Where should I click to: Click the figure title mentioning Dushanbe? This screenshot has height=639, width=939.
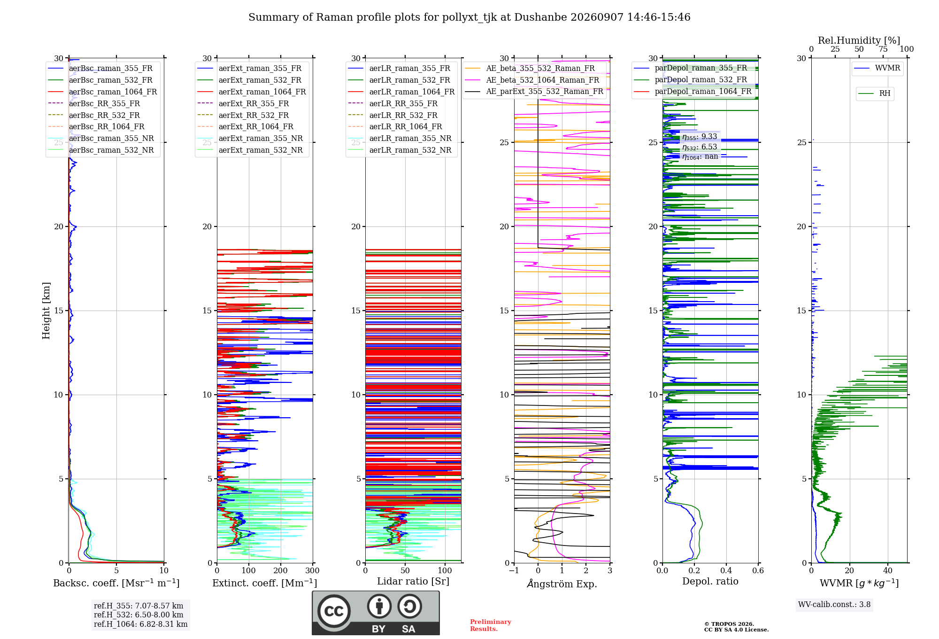tap(469, 17)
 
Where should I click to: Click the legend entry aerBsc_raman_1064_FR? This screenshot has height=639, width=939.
tap(113, 92)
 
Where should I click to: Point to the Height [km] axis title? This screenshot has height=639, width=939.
tap(46, 311)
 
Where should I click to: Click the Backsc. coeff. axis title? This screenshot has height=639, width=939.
tap(116, 583)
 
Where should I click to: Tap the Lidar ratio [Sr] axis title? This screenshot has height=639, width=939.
tap(413, 582)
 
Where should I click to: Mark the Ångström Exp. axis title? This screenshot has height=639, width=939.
tap(562, 584)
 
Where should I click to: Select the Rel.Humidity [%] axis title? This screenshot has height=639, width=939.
tap(859, 40)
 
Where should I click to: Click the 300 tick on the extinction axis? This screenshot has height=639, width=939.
tap(312, 570)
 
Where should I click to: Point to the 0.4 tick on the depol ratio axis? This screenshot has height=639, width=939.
tap(726, 570)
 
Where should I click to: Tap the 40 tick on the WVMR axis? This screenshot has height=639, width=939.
tap(888, 570)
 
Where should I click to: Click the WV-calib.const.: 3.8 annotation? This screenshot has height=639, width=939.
tap(834, 605)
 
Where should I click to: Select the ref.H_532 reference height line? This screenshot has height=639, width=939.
tap(139, 615)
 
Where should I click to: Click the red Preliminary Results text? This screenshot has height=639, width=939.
tap(490, 625)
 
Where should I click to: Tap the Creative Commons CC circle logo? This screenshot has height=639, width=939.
tap(334, 611)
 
